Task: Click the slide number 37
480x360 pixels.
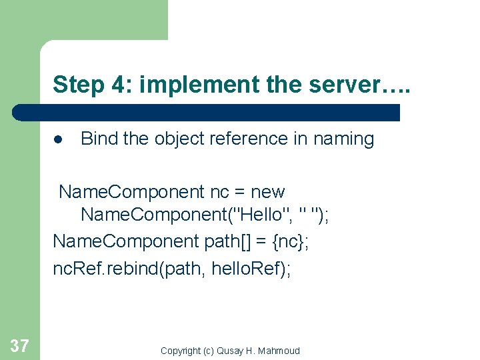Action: tap(19, 345)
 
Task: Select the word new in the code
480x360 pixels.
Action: tap(268, 192)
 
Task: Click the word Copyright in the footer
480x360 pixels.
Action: tap(182, 351)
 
